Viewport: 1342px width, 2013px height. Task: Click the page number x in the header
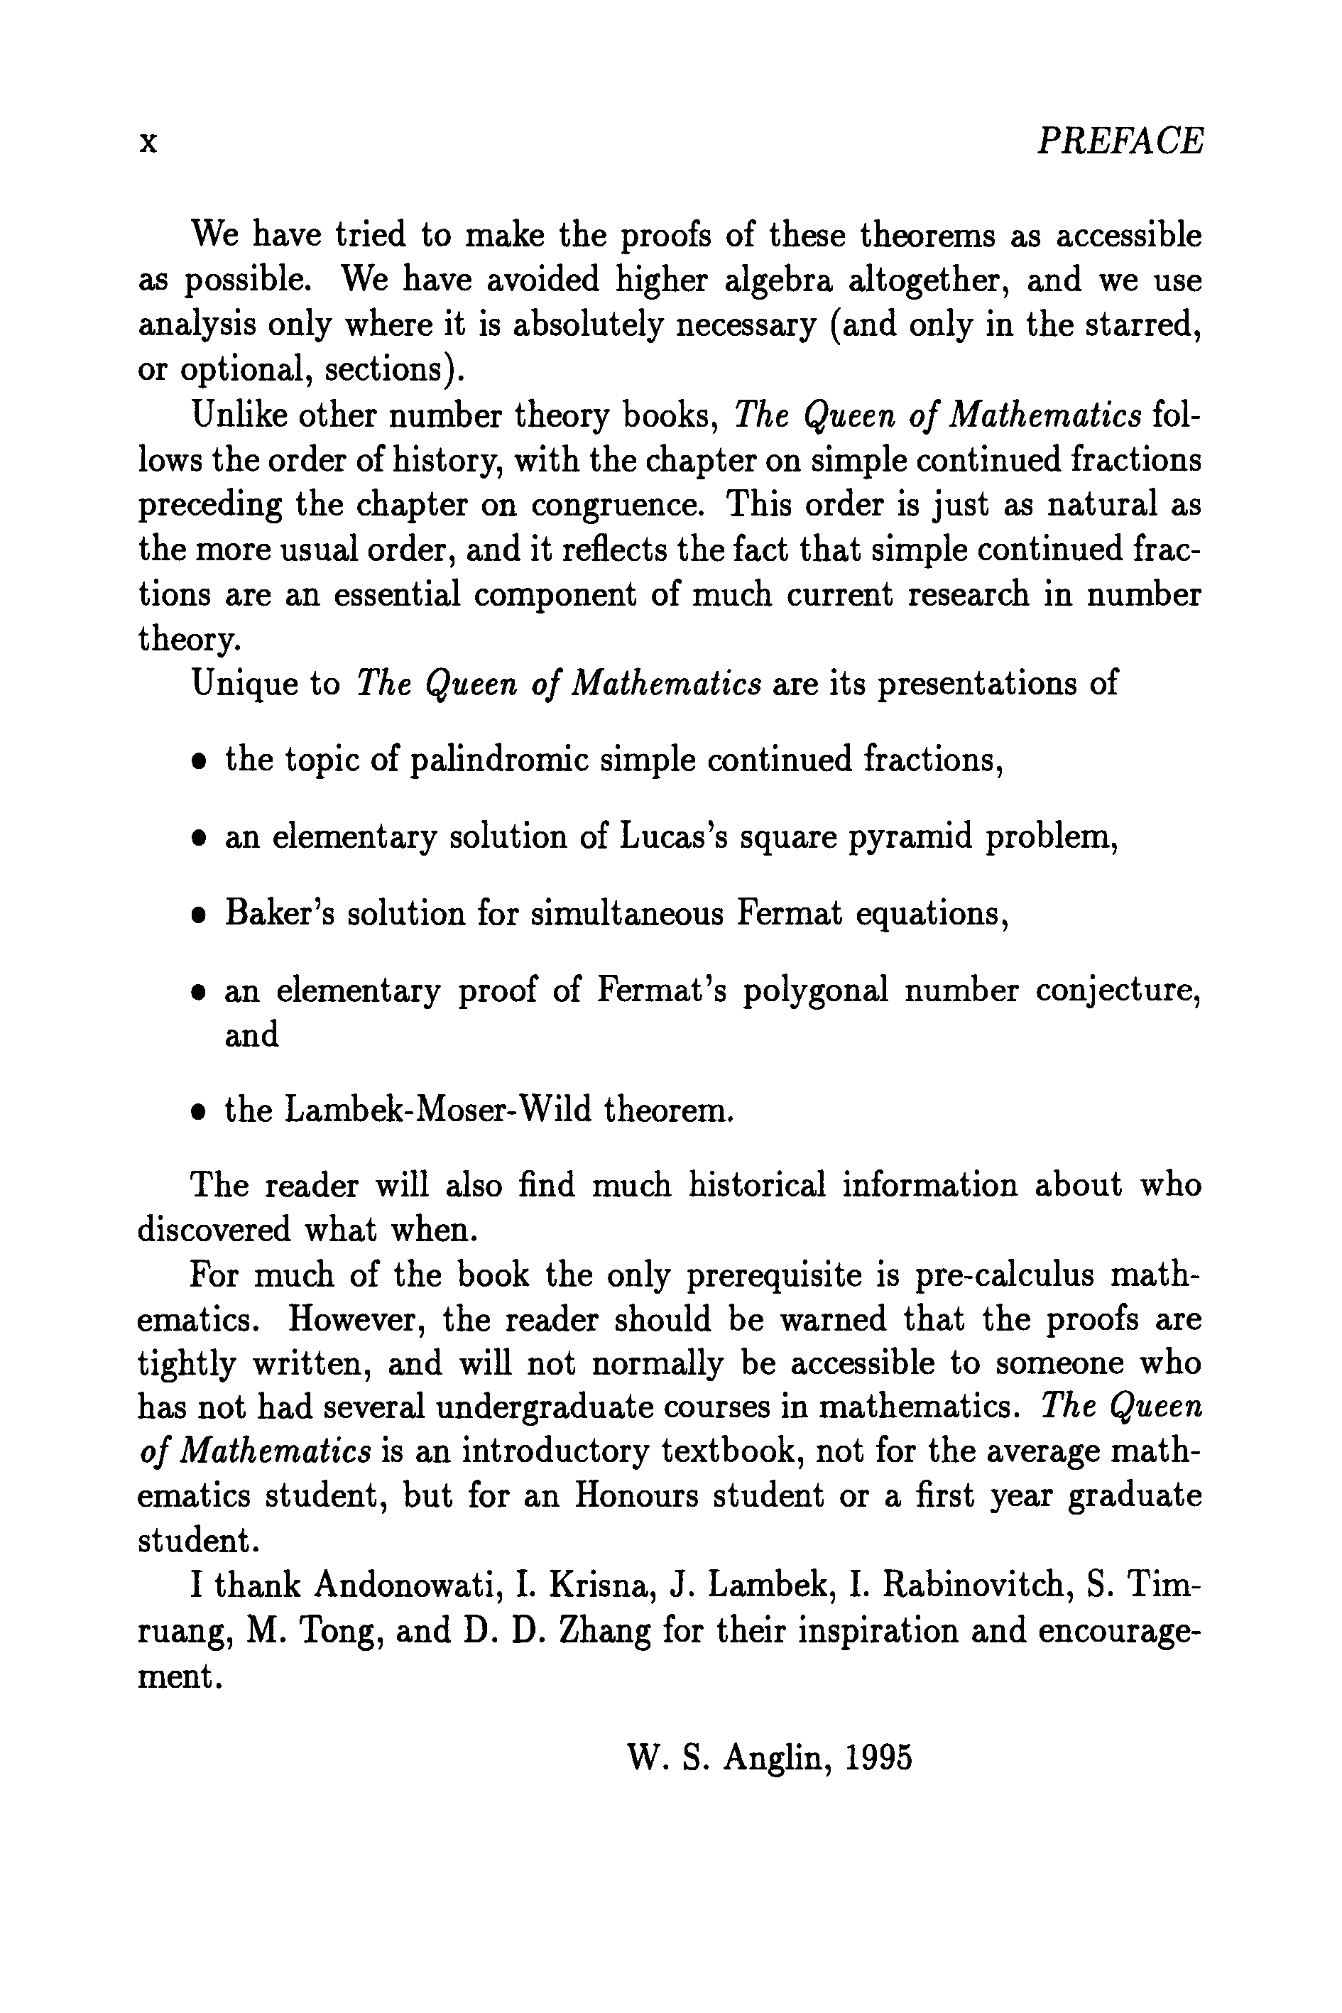coord(148,142)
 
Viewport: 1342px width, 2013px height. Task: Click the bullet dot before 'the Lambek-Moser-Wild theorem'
coord(199,1113)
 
